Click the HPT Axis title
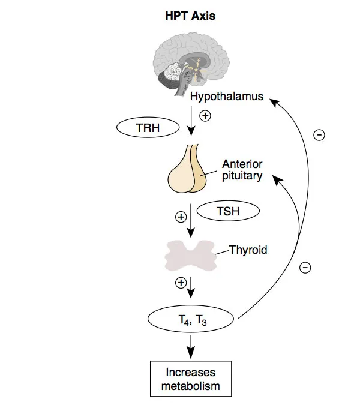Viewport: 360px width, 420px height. (x=190, y=16)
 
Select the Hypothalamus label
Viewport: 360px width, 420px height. (x=227, y=97)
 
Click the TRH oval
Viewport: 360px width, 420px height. (x=147, y=127)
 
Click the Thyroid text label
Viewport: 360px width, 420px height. (x=248, y=250)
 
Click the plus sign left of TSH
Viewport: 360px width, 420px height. (x=180, y=217)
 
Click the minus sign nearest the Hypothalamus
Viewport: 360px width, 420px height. (x=319, y=136)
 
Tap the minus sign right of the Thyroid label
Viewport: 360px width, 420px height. (x=305, y=268)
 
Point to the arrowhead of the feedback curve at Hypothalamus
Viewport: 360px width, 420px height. (x=274, y=102)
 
